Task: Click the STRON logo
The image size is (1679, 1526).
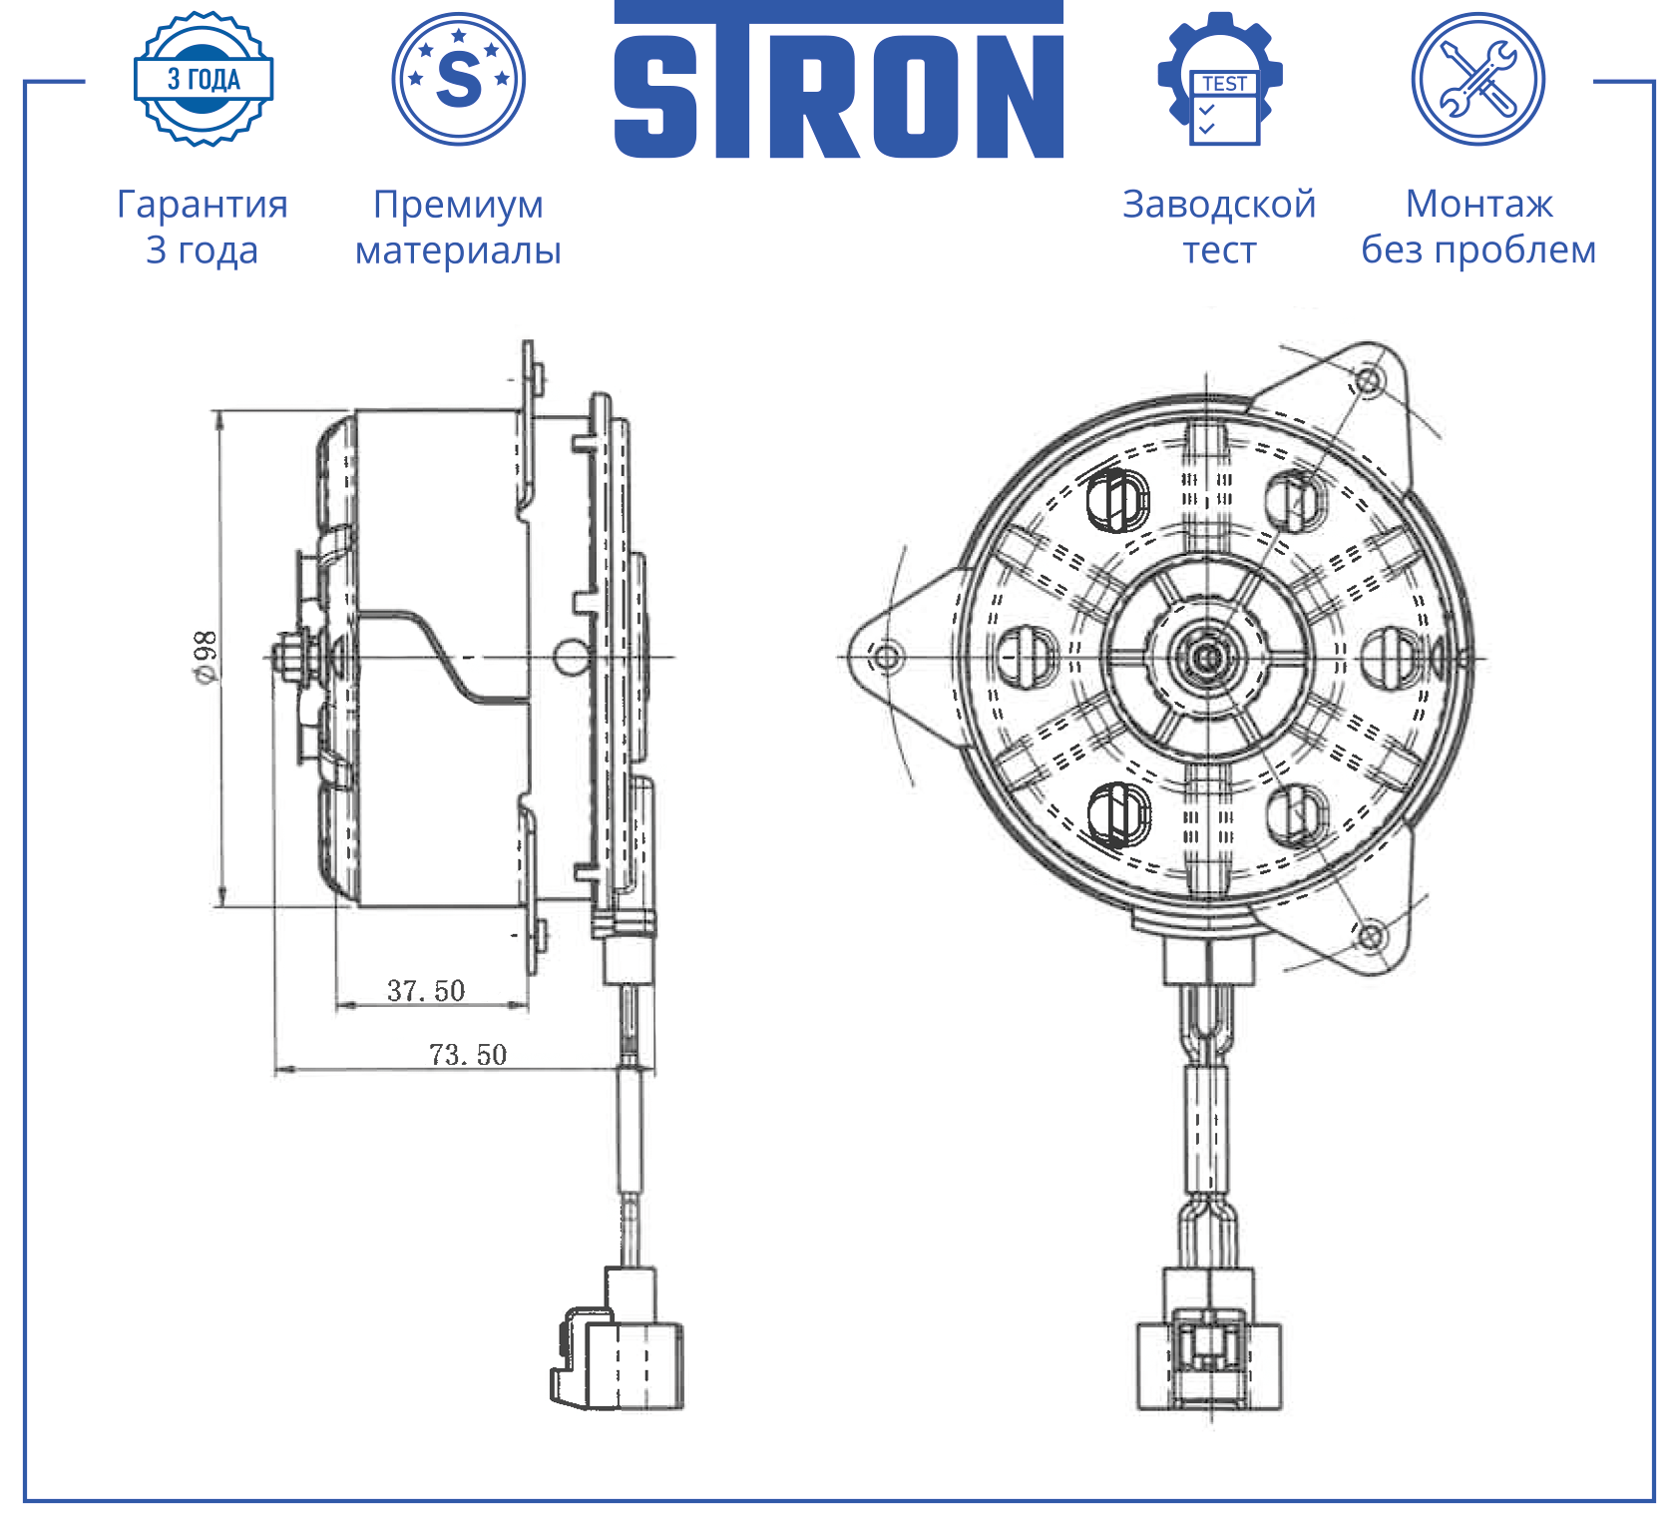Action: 838,80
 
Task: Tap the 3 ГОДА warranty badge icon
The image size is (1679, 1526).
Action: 204,79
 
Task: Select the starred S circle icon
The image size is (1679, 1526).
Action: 459,79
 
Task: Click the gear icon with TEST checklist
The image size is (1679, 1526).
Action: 1220,79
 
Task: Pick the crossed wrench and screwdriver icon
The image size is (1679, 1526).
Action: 1478,79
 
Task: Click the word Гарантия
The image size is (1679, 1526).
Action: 203,205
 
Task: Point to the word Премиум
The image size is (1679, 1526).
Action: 459,206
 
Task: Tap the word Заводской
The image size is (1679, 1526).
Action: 1219,205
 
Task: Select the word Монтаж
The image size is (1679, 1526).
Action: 1478,205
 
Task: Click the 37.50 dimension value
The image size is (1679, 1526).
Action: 426,990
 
